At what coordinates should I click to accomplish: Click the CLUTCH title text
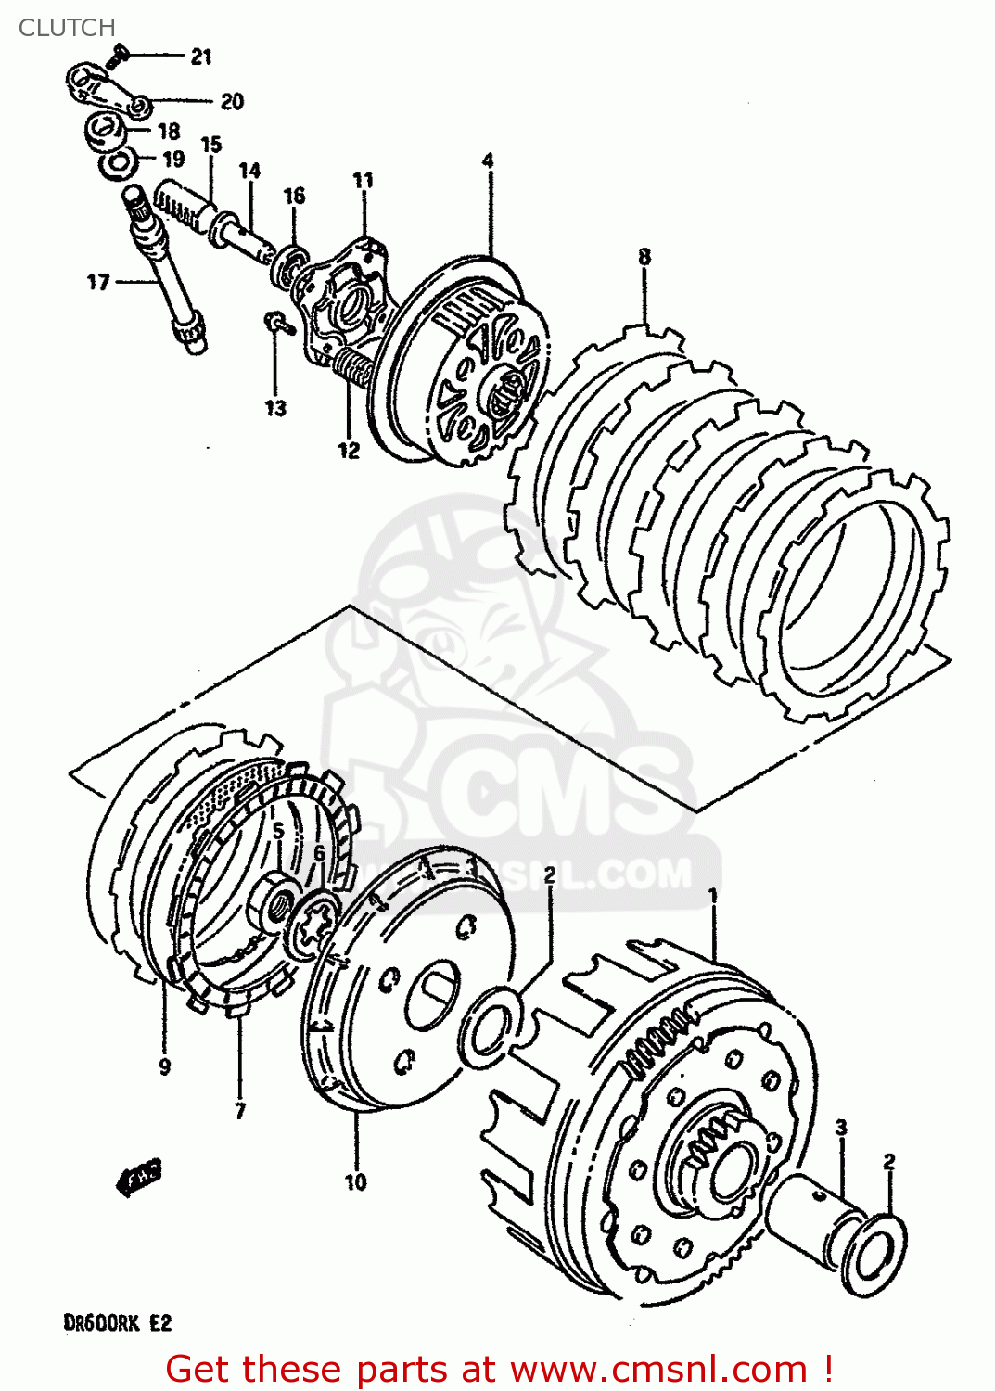coord(67,28)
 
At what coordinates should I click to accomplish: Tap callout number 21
coord(201,57)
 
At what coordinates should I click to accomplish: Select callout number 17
coord(98,282)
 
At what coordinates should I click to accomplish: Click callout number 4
coord(488,160)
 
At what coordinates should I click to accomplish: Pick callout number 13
coord(275,408)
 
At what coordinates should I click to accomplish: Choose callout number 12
coord(349,451)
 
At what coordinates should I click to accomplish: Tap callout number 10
coord(356,1181)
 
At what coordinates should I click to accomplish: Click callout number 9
coord(165,1066)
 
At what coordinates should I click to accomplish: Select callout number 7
coord(240,1110)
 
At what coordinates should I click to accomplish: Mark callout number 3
coord(841,1128)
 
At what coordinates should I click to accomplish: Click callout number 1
coord(713,896)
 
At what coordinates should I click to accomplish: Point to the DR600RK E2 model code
coord(118,1322)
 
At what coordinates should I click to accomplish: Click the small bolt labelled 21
coord(116,57)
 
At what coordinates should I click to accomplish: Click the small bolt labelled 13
coord(276,323)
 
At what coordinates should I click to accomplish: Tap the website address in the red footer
coord(658,1369)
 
